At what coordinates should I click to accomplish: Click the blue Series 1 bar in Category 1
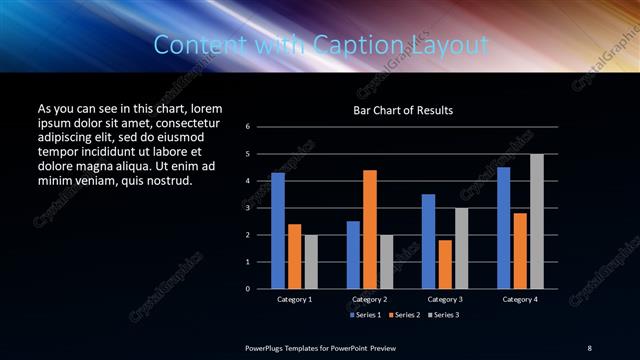(278, 231)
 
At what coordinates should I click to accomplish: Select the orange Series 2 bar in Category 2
(369, 229)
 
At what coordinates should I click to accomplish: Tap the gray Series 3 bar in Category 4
(537, 221)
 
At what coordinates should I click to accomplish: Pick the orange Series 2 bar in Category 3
(444, 264)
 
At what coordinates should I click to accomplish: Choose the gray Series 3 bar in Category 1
(311, 262)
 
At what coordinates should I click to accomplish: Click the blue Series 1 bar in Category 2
(353, 255)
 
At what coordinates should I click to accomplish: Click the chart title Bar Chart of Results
(403, 110)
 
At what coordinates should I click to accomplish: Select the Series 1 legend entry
(367, 315)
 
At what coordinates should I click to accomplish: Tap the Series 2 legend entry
(403, 315)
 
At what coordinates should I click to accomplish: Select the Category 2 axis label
(369, 299)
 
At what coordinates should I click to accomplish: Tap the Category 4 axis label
(519, 299)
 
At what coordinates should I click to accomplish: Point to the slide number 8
(589, 347)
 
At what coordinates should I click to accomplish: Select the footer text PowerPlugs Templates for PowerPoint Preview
(320, 347)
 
